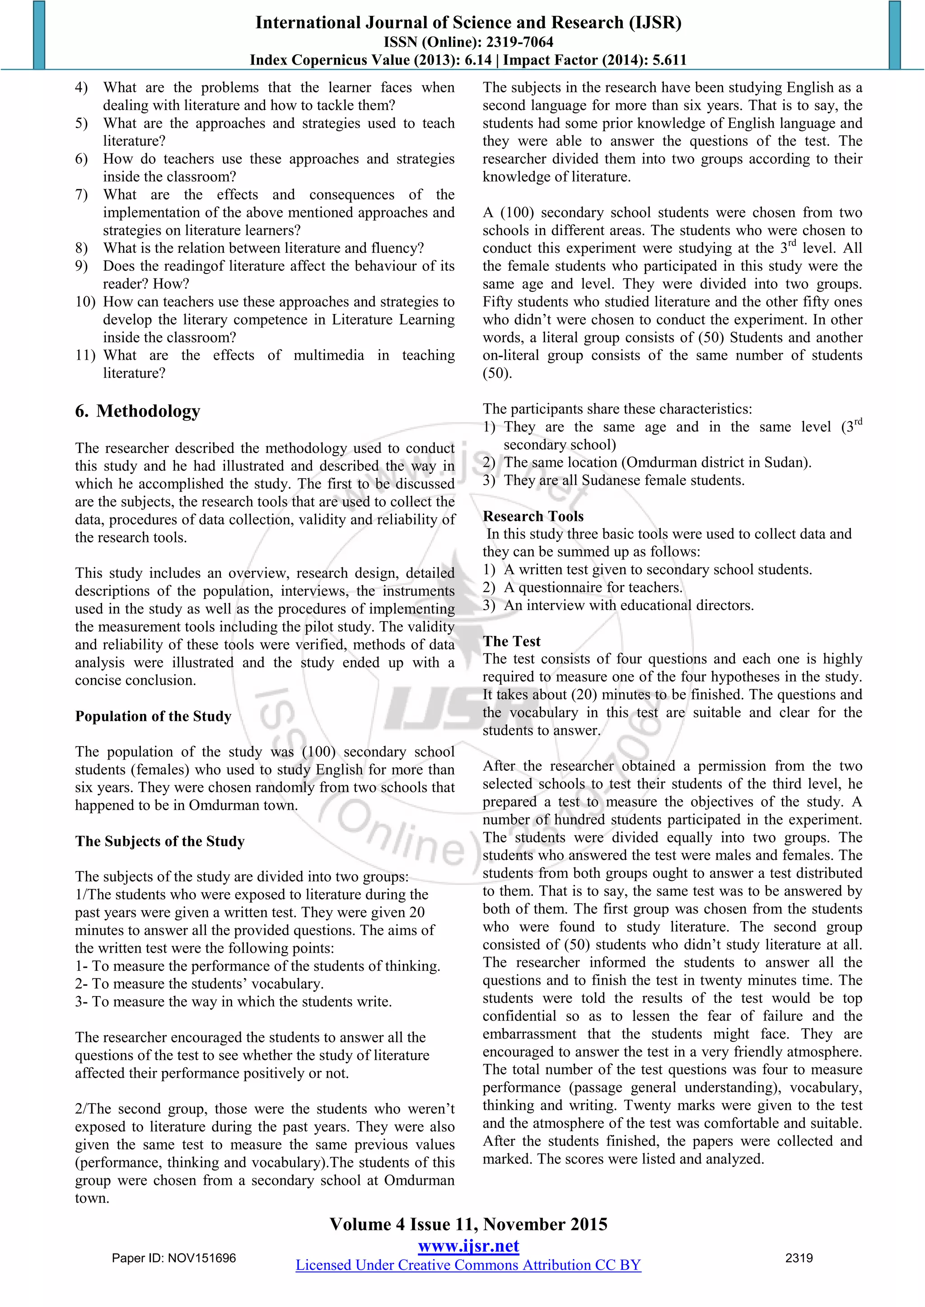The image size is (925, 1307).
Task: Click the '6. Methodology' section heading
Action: click(x=137, y=411)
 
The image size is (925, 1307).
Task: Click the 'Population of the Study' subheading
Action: click(x=153, y=716)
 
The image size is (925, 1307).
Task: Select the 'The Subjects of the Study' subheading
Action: click(x=160, y=841)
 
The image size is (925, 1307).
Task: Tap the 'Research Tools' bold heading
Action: click(x=533, y=516)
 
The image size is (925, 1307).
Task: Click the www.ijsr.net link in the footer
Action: click(x=468, y=1246)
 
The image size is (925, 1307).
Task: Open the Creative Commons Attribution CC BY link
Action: click(x=468, y=1265)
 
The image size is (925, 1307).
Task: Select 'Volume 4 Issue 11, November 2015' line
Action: click(x=468, y=1224)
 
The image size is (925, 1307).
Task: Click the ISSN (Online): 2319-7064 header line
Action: click(x=468, y=42)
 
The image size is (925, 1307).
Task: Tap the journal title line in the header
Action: click(x=468, y=23)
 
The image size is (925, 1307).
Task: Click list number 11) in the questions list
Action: click(x=85, y=356)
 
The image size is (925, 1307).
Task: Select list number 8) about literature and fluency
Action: click(x=81, y=248)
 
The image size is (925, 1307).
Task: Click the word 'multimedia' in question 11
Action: click(x=329, y=356)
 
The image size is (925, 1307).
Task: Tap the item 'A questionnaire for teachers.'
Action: click(x=593, y=588)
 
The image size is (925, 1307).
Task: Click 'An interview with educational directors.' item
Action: click(x=628, y=606)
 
